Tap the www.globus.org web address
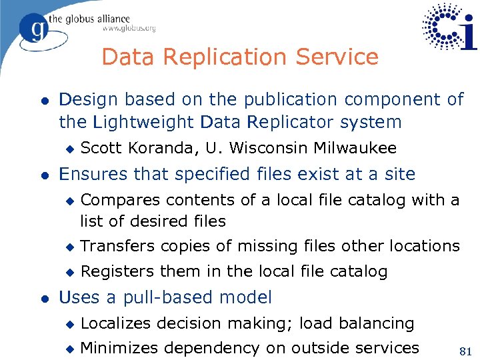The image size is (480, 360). click(129, 28)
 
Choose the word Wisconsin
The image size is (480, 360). click(263, 148)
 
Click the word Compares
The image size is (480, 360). click(119, 200)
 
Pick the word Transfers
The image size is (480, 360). click(117, 246)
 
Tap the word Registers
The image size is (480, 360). click(116, 271)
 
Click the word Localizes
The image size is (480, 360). click(117, 323)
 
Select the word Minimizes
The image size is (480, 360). click(119, 347)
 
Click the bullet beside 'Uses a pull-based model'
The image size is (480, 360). click(43, 298)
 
